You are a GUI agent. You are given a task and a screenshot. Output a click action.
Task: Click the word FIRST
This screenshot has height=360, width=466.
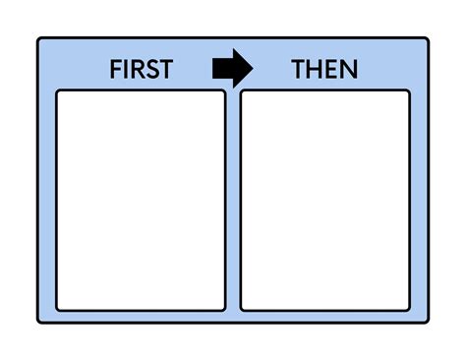pos(141,69)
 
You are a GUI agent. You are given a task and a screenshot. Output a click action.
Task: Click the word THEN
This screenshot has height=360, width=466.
pos(324,69)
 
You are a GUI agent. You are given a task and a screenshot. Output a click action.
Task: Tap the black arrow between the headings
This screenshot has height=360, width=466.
pos(232,68)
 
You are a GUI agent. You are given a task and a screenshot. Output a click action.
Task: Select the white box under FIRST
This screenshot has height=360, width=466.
pos(141,200)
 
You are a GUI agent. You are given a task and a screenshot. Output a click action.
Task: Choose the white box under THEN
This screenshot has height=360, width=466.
pos(324,200)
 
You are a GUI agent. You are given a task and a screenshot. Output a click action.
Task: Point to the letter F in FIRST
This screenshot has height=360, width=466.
pos(115,69)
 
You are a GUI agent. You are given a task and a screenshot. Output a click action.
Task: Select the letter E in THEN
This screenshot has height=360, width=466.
pos(331,69)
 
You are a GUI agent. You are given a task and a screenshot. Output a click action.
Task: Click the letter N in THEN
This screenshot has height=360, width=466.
pos(348,69)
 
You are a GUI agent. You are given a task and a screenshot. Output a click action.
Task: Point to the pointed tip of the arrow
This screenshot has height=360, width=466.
pos(252,68)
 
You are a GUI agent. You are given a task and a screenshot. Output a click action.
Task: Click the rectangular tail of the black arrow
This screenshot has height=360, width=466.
pos(221,68)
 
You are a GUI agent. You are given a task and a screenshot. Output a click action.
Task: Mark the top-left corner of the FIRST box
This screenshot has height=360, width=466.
pos(58,92)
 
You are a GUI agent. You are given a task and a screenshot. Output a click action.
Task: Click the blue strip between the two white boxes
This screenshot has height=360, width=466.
pos(233,200)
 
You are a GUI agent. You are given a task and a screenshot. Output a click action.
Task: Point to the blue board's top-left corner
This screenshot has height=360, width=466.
pos(39,39)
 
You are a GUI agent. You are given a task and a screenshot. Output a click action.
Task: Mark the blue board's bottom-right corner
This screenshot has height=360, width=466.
pos(428,322)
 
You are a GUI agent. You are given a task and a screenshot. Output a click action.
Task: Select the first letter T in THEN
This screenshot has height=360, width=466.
pos(299,69)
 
